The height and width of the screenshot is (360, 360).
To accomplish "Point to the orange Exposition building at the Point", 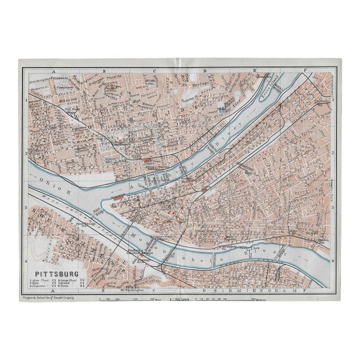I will tap(119, 198).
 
